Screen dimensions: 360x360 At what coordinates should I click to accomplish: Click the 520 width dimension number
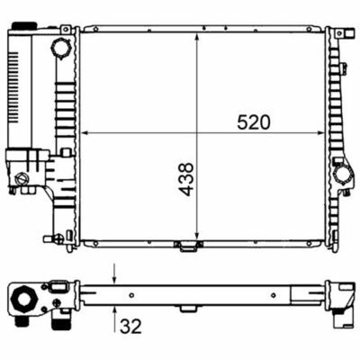coord(254,122)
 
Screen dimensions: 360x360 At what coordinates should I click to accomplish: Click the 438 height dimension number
coord(185,179)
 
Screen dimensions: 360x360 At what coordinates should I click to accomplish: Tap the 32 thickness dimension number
coord(130,326)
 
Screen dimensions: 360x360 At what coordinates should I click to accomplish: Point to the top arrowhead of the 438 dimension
coord(197,38)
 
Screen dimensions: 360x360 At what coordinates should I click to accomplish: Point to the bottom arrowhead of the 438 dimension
coord(197,236)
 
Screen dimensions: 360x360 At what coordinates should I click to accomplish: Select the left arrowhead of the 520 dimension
coord(85,132)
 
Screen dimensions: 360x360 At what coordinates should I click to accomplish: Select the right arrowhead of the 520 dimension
coord(320,132)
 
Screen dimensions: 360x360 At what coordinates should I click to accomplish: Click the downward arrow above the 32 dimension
coord(114,274)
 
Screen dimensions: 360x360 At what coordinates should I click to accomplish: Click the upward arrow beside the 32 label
coord(114,318)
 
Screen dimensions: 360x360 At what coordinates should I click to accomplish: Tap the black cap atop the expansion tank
coord(24,25)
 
